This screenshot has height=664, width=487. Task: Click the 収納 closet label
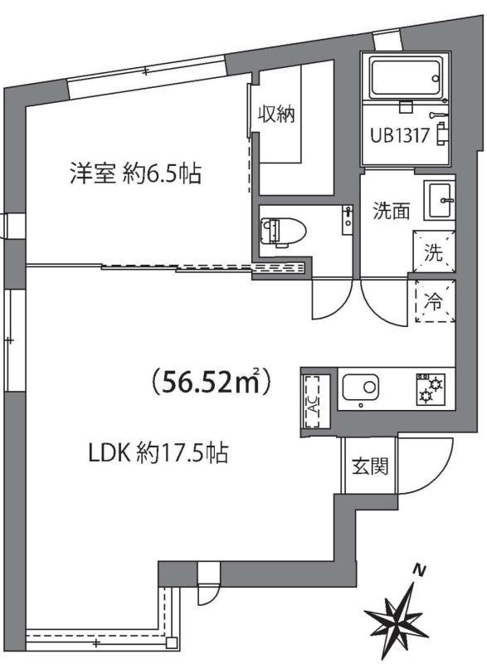275,115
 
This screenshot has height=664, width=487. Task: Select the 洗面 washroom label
391,211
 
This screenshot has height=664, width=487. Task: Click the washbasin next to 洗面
439,200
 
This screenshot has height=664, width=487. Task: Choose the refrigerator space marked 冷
434,303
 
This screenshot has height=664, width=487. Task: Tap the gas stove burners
431,388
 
